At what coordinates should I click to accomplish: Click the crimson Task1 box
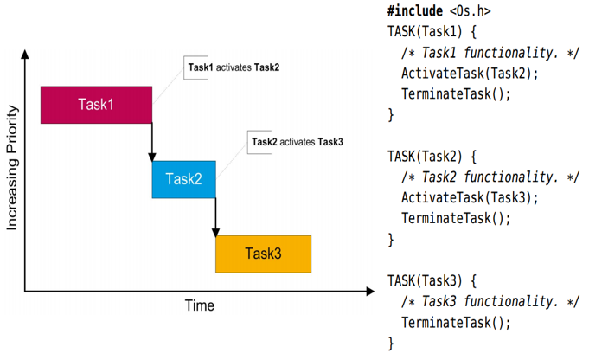[96, 105]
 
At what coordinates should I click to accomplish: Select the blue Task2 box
[183, 179]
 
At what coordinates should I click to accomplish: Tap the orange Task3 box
[263, 253]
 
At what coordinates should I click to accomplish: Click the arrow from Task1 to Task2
[152, 140]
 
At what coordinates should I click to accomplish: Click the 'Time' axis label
[199, 305]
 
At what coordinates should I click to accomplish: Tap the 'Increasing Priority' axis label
[12, 170]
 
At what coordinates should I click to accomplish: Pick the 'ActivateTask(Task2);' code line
[470, 72]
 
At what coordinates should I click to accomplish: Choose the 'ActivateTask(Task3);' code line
[470, 196]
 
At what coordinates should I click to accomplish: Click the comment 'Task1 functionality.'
[491, 52]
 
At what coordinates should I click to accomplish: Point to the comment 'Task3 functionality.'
[491, 301]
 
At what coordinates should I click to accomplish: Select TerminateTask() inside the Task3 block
[456, 322]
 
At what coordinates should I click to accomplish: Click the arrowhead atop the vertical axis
[26, 54]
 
